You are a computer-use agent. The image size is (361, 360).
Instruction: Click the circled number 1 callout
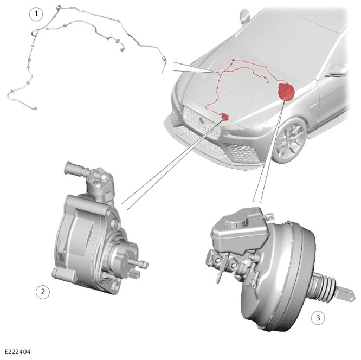(x=36, y=14)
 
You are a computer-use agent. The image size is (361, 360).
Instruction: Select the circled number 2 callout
(x=43, y=292)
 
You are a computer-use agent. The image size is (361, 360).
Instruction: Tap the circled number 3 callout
(x=318, y=318)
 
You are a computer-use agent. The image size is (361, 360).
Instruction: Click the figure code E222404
(x=17, y=352)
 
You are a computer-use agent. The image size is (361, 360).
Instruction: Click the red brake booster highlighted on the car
(x=286, y=91)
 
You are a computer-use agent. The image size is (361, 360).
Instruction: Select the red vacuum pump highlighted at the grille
(x=224, y=117)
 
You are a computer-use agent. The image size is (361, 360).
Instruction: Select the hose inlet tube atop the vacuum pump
(x=75, y=169)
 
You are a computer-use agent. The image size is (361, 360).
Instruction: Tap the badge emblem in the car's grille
(x=202, y=120)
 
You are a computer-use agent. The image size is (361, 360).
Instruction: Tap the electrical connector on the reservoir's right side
(x=269, y=216)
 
